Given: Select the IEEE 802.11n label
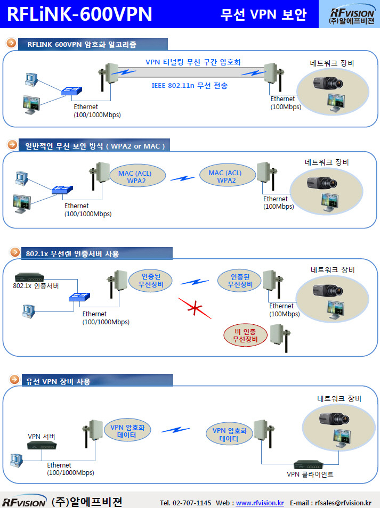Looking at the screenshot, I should pyautogui.click(x=190, y=85).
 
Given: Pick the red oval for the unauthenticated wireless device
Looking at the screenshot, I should pyautogui.click(x=246, y=336).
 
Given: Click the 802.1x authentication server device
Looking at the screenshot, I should pyautogui.click(x=29, y=277).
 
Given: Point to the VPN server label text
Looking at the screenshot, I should pyautogui.click(x=42, y=437).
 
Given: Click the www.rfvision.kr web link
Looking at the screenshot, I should pyautogui.click(x=260, y=503).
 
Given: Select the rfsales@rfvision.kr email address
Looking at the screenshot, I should pyautogui.click(x=343, y=503).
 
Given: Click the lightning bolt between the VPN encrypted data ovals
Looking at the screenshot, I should pyautogui.click(x=176, y=429).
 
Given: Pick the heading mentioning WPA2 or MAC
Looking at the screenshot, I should pyautogui.click(x=95, y=145).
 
